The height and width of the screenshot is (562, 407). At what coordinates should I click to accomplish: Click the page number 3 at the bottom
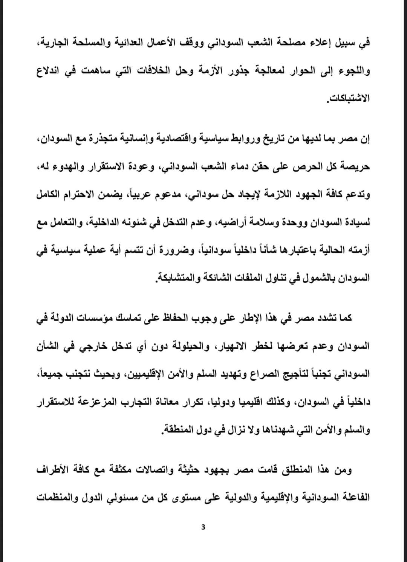coord(203,527)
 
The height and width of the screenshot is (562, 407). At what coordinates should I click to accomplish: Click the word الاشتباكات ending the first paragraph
coord(349,99)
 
